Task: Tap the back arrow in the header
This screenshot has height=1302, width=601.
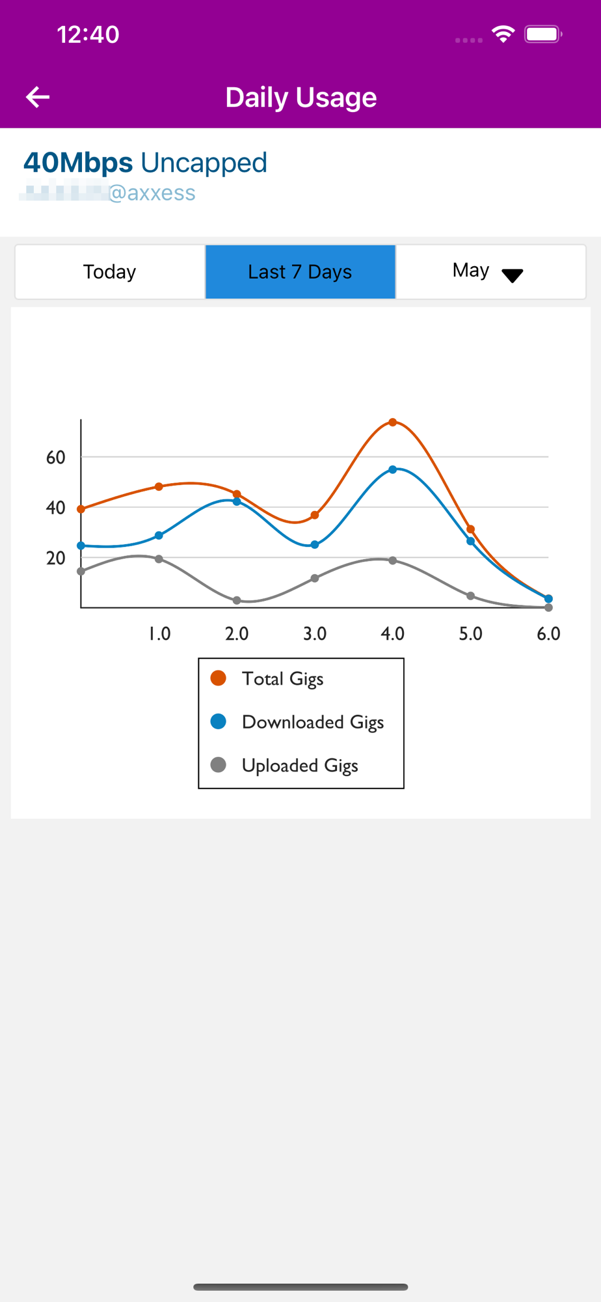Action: pos(38,97)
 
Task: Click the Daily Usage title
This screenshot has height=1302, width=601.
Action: pos(300,98)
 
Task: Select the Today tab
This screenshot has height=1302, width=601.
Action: pos(109,271)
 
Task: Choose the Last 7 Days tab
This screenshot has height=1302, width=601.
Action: pos(300,271)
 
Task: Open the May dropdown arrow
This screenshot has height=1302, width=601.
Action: pos(513,275)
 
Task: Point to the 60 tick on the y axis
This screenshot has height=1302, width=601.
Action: pos(56,458)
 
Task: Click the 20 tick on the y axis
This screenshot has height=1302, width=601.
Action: pos(56,558)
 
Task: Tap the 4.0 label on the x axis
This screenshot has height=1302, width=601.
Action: pos(392,633)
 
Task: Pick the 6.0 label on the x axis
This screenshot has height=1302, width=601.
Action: pos(548,633)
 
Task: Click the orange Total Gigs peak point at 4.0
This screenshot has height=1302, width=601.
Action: pos(393,422)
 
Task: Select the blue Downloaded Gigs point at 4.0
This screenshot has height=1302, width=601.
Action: pos(393,469)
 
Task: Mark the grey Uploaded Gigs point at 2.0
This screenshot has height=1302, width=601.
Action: pos(237,600)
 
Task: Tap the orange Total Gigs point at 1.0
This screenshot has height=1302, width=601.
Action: pos(159,487)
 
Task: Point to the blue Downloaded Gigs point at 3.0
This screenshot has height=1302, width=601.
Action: pos(315,545)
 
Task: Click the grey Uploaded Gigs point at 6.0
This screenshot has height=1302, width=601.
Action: pos(548,607)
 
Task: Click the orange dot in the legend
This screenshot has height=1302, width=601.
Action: pos(219,678)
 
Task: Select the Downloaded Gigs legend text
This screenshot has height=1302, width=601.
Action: pos(313,722)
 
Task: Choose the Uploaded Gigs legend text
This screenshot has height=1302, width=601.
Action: pos(300,766)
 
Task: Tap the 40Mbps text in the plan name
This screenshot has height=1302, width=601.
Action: pos(78,163)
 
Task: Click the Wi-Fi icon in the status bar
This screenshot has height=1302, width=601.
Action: pos(503,34)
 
